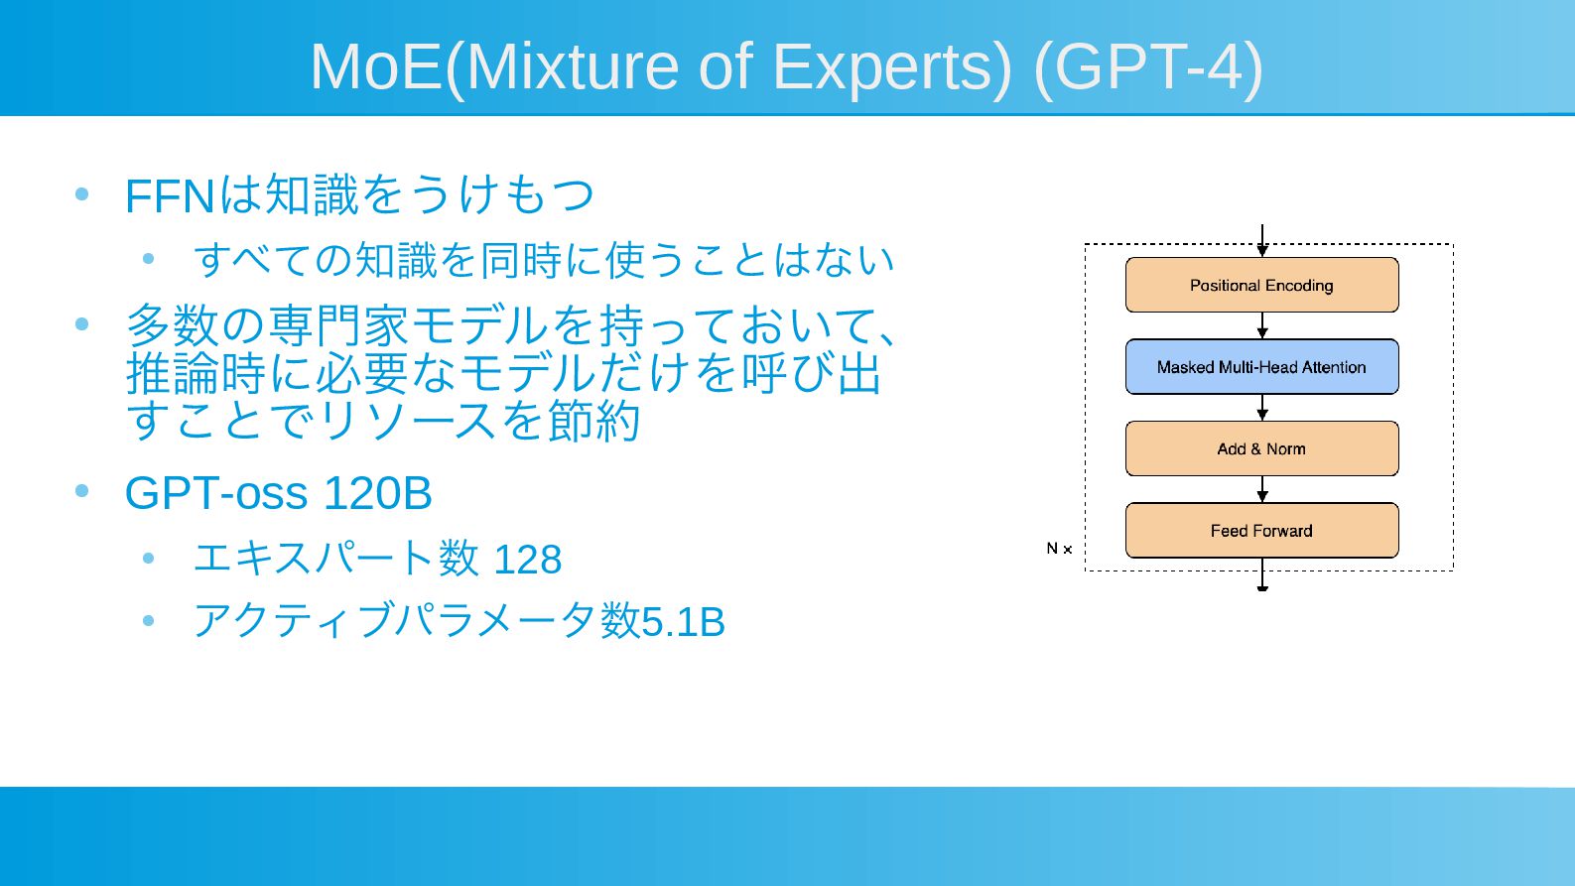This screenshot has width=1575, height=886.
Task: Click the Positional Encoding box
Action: click(x=1262, y=285)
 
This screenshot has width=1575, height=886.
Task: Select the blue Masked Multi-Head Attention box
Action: click(x=1262, y=366)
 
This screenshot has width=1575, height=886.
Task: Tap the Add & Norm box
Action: click(x=1262, y=448)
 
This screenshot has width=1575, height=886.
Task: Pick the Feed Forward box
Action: click(x=1262, y=530)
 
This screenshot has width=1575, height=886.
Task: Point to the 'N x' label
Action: click(x=1059, y=549)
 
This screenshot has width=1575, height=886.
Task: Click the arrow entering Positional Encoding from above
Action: click(x=1262, y=241)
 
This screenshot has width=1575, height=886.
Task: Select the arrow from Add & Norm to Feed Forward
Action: click(x=1262, y=489)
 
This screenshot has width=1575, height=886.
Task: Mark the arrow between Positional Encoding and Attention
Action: click(x=1262, y=325)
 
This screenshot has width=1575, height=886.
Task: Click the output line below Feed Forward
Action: click(x=1262, y=574)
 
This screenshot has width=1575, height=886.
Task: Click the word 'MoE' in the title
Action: click(x=377, y=66)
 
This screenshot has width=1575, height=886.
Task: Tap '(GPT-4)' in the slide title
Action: click(x=1148, y=68)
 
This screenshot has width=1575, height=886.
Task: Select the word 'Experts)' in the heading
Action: click(x=892, y=68)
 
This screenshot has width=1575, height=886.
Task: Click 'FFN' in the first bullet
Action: click(x=170, y=196)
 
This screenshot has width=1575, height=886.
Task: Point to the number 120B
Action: click(x=377, y=493)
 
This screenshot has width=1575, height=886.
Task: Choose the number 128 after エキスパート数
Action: click(x=527, y=561)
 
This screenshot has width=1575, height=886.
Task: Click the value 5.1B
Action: click(x=683, y=622)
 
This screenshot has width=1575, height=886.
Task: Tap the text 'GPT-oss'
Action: click(x=216, y=493)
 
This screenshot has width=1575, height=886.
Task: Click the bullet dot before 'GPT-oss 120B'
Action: click(x=81, y=490)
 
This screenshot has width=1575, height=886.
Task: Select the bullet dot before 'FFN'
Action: click(x=81, y=193)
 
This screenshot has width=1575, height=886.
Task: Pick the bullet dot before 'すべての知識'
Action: click(x=148, y=259)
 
